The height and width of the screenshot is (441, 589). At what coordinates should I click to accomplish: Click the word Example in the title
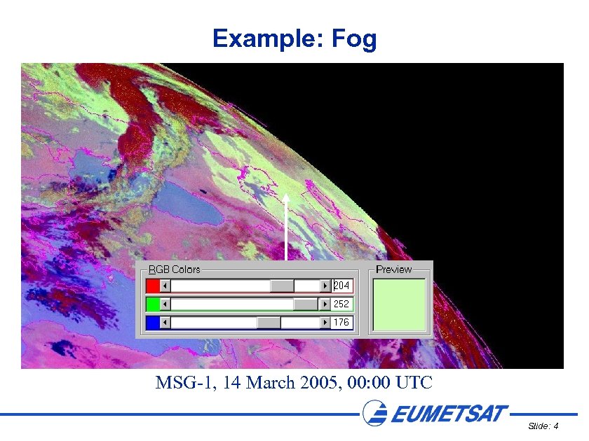coord(265,39)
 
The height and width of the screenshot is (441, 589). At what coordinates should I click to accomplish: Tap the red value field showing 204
coord(342,286)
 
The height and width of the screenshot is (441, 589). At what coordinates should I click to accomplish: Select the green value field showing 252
coord(342,304)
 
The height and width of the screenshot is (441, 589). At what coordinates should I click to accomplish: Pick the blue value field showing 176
coord(342,323)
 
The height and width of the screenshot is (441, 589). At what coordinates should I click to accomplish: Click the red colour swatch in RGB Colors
coord(153,286)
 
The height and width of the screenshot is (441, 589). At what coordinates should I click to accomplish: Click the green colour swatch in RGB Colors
coord(153,304)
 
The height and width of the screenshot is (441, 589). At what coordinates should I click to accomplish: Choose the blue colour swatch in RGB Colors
coord(153,323)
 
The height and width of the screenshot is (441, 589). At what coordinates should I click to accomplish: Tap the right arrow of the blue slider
coord(325,323)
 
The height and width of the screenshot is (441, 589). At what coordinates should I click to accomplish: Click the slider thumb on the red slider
coord(282,286)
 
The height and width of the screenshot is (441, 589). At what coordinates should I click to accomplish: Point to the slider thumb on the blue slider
coord(268,323)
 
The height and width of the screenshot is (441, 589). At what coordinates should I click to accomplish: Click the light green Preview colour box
coord(400,304)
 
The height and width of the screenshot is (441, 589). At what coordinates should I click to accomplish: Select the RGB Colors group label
coord(175,269)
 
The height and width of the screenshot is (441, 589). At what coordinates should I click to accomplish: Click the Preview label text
coord(394,269)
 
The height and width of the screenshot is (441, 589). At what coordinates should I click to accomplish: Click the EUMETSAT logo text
coord(449,414)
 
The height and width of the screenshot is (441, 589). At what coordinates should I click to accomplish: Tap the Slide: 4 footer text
coord(543,426)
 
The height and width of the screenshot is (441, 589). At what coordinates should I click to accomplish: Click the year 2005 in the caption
coord(320,383)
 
